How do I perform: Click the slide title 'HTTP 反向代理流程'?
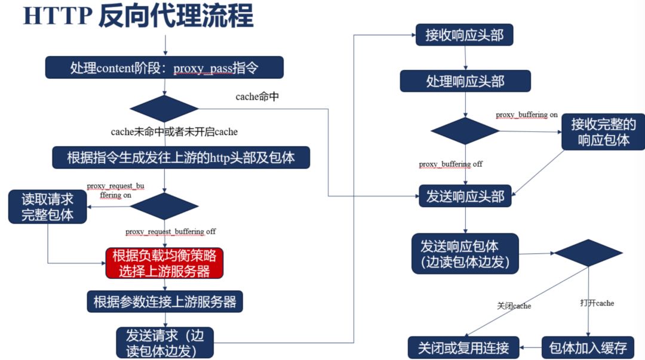138,16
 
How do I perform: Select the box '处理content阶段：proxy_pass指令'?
164,67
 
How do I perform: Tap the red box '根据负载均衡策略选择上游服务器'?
165,263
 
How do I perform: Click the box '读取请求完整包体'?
48,207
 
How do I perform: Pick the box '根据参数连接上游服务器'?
165,301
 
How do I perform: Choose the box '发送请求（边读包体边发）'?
165,342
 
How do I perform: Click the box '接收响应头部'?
465,35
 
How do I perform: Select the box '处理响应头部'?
465,81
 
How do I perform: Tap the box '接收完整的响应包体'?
603,132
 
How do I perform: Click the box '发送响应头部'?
465,196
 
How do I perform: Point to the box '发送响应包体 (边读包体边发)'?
465,253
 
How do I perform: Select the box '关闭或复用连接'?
463,347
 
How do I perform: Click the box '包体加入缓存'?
588,347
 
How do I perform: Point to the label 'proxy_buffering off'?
450,164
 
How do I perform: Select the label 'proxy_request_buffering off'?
171,231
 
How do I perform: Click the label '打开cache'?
597,303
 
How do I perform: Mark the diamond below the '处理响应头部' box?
465,131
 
